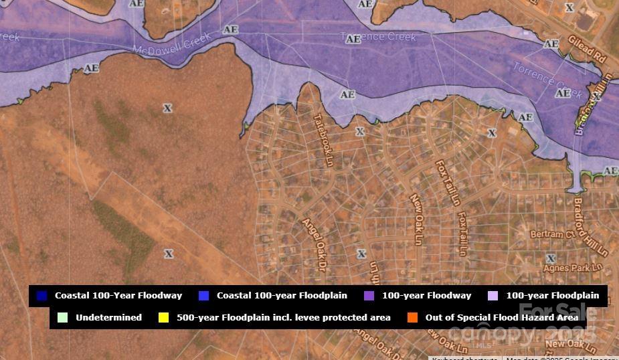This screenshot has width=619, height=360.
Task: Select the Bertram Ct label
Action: (x=552, y=235)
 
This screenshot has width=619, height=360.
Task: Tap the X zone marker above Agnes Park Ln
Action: (x=551, y=258)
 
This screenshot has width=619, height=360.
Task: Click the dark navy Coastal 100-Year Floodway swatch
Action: (x=42, y=296)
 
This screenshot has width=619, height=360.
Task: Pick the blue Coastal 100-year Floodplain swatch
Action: (x=204, y=296)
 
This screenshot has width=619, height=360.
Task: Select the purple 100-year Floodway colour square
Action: (x=369, y=296)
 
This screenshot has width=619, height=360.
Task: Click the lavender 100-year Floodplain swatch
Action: (x=493, y=296)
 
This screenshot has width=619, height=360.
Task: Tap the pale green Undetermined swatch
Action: (x=63, y=318)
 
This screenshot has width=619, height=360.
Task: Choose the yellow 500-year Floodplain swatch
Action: (x=163, y=318)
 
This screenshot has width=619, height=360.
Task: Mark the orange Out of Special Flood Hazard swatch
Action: (x=412, y=318)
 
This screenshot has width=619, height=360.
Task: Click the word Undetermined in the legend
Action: (x=108, y=318)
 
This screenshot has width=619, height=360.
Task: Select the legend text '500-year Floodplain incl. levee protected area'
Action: (x=283, y=318)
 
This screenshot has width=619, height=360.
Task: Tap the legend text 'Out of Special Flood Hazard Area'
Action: (x=501, y=318)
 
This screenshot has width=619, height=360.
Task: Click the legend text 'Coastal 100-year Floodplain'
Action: (x=282, y=296)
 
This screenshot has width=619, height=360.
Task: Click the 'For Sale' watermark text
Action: (x=557, y=312)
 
